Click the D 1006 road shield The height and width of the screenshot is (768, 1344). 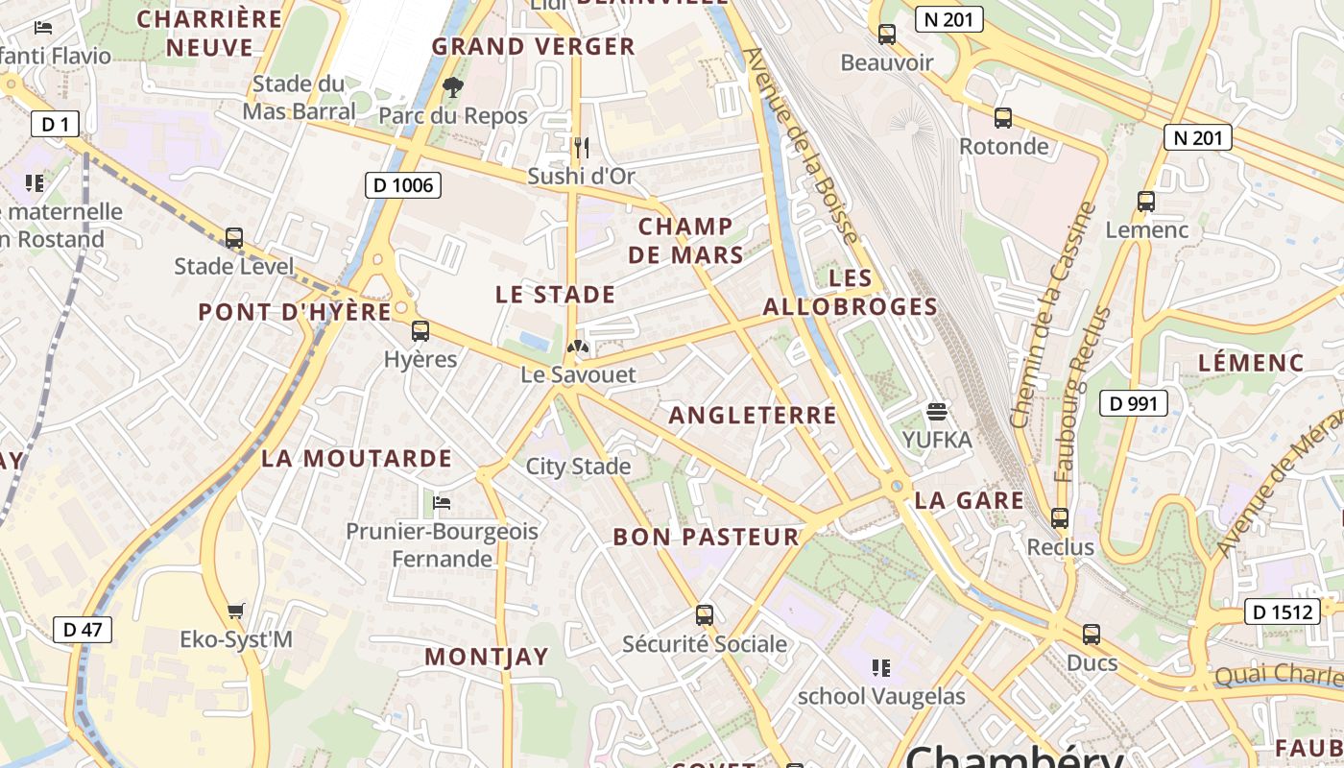click(403, 185)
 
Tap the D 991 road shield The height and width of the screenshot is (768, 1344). click(1133, 403)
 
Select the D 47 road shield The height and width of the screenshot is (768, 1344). click(82, 630)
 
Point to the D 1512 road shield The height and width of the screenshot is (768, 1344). click(1282, 612)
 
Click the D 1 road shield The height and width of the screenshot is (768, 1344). click(55, 124)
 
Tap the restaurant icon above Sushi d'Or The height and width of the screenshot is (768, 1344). click(581, 148)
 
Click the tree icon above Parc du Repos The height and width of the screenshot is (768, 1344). click(452, 88)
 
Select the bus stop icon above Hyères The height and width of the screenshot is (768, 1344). click(420, 331)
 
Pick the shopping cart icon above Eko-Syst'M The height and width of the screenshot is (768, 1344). click(236, 611)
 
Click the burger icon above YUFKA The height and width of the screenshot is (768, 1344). click(937, 412)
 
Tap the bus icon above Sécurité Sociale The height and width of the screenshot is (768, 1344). click(705, 615)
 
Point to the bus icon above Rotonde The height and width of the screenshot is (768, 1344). click(1003, 118)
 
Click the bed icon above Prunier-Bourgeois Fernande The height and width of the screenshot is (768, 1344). click(442, 502)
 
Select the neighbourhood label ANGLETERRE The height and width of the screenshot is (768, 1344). click(753, 416)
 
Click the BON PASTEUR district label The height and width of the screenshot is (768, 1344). click(706, 538)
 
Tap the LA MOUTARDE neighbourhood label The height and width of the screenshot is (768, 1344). click(356, 459)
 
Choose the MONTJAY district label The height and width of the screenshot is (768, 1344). click(487, 658)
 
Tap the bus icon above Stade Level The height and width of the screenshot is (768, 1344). click(234, 238)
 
